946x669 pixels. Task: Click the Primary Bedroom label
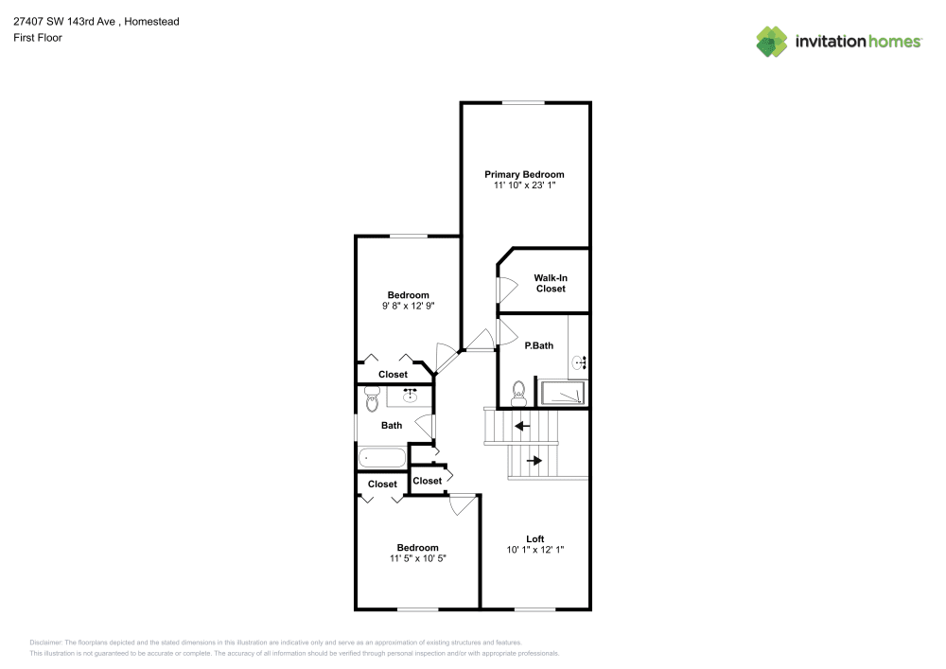(524, 174)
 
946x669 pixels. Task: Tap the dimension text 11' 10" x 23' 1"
(524, 185)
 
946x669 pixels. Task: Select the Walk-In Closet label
(551, 283)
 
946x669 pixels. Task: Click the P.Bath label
(539, 345)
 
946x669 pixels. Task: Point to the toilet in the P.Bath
(518, 394)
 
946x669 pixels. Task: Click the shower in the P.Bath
(562, 393)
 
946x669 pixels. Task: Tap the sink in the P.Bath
(579, 362)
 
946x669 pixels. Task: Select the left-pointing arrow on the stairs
(522, 427)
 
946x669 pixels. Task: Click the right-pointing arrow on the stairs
(534, 461)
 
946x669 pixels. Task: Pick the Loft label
(535, 538)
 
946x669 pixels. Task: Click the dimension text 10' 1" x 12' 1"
(535, 550)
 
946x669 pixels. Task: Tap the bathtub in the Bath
(382, 458)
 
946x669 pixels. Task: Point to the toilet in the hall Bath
(372, 398)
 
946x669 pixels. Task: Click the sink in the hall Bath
(411, 396)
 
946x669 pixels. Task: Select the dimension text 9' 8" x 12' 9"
(408, 306)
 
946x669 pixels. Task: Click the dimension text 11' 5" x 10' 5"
(417, 558)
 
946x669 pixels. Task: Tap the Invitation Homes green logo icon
(772, 42)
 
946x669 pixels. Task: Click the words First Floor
(38, 38)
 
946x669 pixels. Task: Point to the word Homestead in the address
(151, 22)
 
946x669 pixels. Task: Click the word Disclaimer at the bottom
(45, 643)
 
